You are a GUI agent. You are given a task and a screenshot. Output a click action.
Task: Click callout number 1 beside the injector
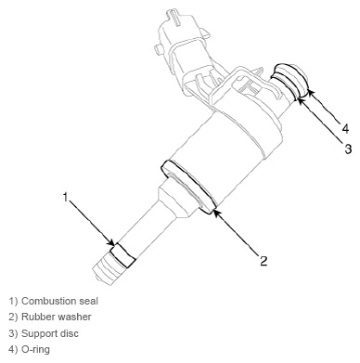tap(65, 197)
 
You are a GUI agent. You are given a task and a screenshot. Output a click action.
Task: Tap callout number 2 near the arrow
tap(264, 261)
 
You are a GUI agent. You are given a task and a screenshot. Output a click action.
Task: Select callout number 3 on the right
tap(348, 149)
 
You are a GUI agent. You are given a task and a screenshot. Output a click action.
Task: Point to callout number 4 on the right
tap(346, 128)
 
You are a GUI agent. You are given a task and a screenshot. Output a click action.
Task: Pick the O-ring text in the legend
tap(35, 349)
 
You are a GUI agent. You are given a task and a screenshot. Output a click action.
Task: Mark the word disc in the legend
tap(69, 333)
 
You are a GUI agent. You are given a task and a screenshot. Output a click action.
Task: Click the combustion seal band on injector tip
tap(122, 255)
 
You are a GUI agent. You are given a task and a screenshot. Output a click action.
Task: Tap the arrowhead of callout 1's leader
tap(112, 243)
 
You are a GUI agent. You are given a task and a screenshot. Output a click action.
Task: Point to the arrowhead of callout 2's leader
tap(215, 213)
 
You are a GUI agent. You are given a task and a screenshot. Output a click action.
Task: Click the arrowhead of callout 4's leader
tap(310, 92)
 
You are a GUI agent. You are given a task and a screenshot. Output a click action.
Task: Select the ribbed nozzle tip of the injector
tap(107, 268)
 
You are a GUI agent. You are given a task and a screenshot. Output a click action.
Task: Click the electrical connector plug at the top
tap(179, 46)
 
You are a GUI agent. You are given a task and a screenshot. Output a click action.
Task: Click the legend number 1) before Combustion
tap(13, 301)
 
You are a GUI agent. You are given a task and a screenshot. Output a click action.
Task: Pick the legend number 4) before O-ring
tap(13, 349)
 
